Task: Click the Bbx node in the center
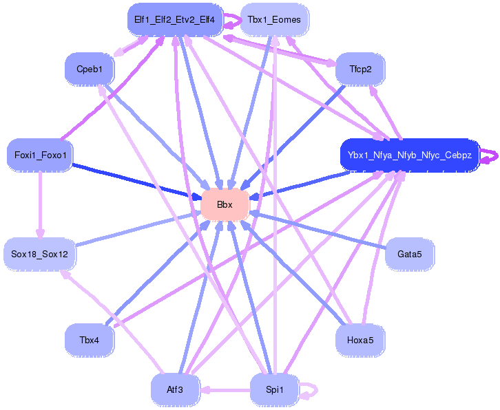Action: (x=225, y=204)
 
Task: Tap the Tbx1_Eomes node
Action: (x=274, y=20)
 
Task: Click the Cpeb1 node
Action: (x=90, y=69)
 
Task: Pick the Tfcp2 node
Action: (x=360, y=69)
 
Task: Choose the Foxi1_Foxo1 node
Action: (x=40, y=155)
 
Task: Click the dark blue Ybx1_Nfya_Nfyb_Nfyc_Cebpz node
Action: (x=409, y=155)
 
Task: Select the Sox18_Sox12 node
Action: (x=40, y=254)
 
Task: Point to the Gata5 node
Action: (x=409, y=254)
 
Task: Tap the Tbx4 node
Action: (x=90, y=340)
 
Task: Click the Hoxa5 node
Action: (x=360, y=340)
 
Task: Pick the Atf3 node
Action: (x=175, y=389)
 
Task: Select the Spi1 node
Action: (x=274, y=389)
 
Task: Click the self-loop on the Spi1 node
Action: (x=311, y=390)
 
